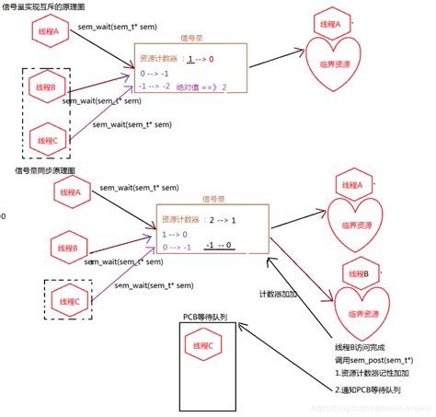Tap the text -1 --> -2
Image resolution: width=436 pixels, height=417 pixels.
[155, 87]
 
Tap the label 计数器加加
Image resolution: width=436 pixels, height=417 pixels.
[278, 294]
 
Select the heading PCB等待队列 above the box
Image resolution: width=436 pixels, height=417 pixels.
[205, 316]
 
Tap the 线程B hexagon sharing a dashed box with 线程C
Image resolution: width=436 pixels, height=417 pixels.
[43, 87]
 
